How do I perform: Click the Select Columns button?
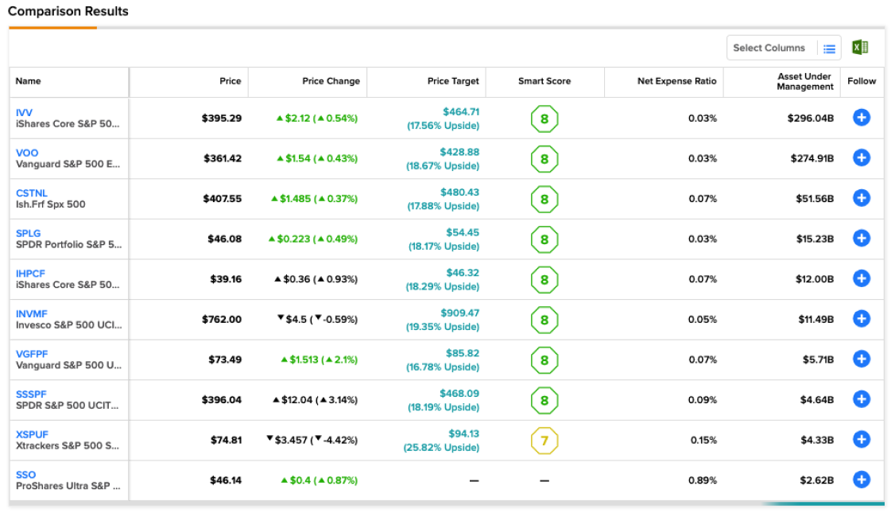point(784,48)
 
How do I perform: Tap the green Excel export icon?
point(860,47)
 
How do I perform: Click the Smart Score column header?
point(544,81)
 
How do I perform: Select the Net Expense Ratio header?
point(676,81)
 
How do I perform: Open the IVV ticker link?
point(24,113)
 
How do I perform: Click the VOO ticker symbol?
point(27,153)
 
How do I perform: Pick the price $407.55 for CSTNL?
point(223,199)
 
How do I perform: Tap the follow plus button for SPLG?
point(862,239)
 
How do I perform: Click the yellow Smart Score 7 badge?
point(544,441)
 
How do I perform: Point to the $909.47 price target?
point(459,313)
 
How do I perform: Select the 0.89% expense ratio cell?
point(703,480)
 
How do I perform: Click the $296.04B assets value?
point(810,119)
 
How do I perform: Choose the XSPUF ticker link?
point(32,434)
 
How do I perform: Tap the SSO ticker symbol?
point(25,475)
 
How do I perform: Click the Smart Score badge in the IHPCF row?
point(544,280)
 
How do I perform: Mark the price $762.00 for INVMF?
point(222,320)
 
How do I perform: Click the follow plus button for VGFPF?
point(862,359)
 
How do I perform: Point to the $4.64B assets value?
point(817,400)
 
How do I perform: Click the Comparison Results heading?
point(68,11)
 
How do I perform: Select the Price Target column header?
point(453,81)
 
